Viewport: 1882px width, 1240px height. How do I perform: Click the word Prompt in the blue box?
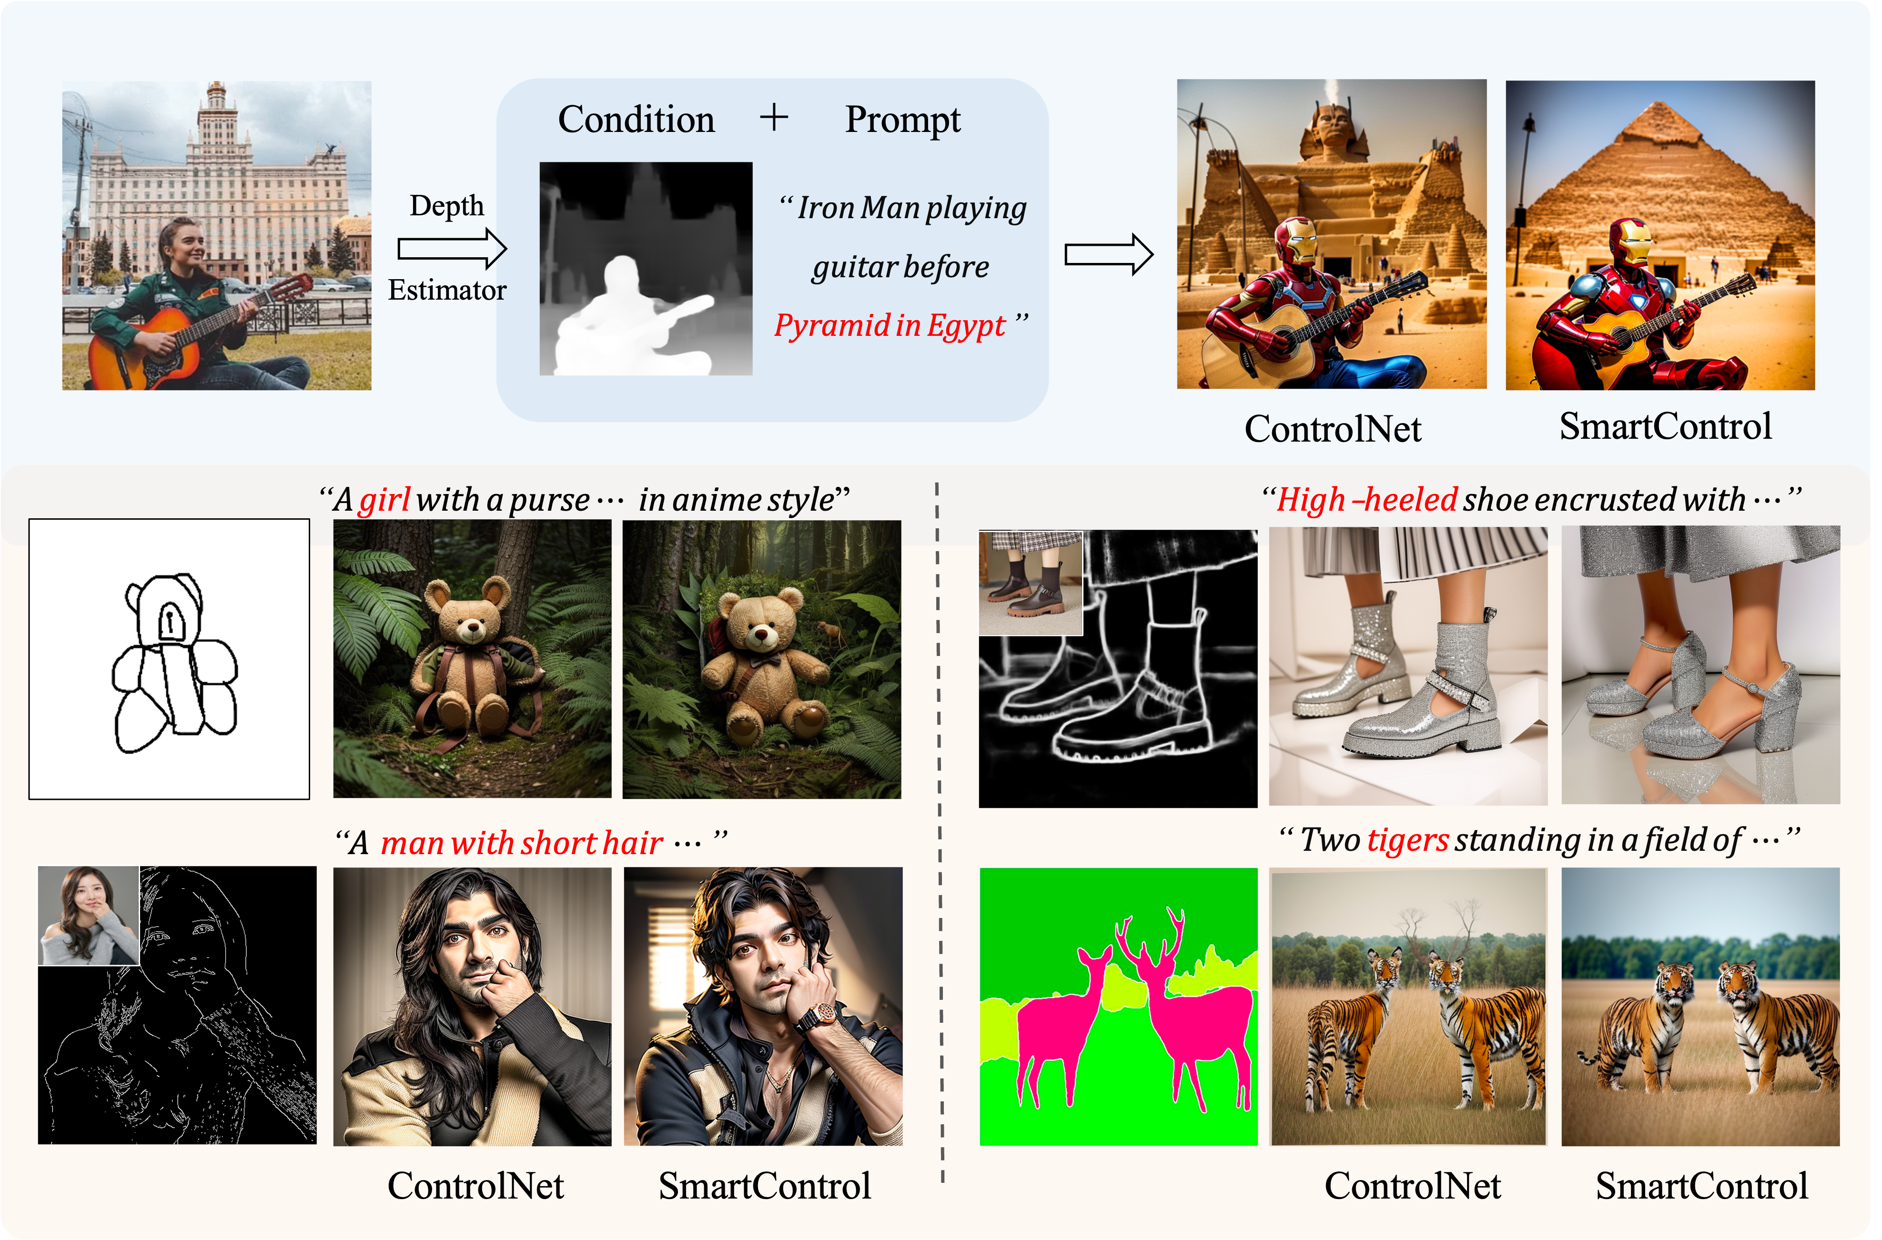(x=902, y=120)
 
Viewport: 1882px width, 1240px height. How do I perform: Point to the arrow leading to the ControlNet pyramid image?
(x=1108, y=255)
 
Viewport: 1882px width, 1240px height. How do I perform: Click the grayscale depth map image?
(x=645, y=268)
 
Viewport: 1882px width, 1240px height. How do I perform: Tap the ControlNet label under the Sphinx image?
(x=1333, y=429)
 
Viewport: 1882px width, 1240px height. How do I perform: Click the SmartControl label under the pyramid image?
(x=1665, y=427)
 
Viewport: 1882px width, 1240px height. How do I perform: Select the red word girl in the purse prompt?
(x=384, y=500)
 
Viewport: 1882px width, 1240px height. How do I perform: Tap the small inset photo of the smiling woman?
(x=89, y=916)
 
